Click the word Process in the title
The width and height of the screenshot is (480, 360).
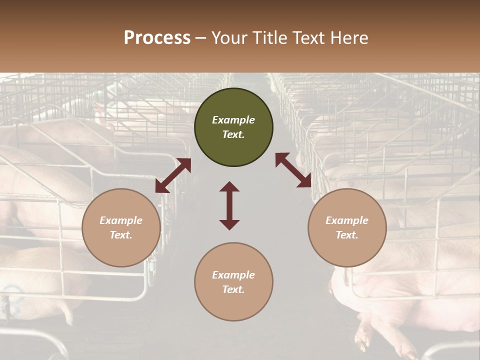[157, 38]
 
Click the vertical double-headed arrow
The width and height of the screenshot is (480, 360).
[229, 205]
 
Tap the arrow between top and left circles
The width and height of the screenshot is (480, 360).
[173, 175]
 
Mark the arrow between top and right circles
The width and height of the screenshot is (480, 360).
[293, 170]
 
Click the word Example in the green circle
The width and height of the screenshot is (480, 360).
[233, 120]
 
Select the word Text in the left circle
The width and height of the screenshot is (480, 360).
[121, 235]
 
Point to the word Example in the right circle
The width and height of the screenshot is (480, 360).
[347, 220]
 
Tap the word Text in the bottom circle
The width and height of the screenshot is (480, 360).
[233, 289]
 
